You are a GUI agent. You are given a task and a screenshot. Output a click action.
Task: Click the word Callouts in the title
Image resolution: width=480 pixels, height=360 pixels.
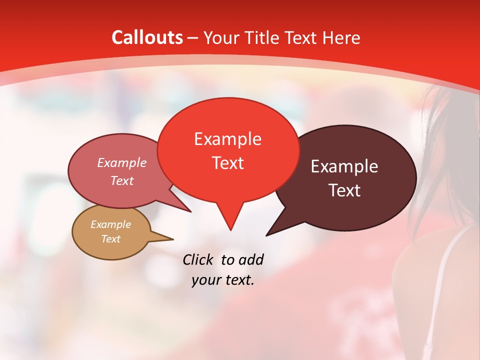click(x=147, y=37)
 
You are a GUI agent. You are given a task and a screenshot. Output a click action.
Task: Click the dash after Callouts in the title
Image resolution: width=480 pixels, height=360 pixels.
click(x=193, y=38)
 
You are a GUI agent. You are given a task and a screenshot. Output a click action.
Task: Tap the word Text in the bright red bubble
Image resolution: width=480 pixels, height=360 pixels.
click(x=227, y=162)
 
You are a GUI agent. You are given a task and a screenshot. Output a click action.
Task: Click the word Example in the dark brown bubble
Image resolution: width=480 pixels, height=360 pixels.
click(x=344, y=166)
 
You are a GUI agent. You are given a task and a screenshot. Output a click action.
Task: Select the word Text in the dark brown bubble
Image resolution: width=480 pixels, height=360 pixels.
click(x=344, y=190)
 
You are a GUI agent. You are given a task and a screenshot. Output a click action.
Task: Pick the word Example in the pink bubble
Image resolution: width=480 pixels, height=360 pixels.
click(x=121, y=162)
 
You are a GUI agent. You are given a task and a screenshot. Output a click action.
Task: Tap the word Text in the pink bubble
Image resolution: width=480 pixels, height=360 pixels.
click(x=121, y=180)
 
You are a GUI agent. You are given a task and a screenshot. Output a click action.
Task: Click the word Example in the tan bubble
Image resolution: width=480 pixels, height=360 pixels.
click(x=110, y=224)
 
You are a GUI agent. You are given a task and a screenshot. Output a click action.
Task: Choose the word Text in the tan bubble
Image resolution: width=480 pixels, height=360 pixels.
click(x=110, y=239)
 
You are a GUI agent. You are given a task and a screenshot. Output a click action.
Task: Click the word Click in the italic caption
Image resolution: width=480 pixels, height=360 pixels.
click(x=199, y=259)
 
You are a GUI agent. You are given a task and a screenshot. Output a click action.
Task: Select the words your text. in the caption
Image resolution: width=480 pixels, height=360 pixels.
click(x=223, y=280)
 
